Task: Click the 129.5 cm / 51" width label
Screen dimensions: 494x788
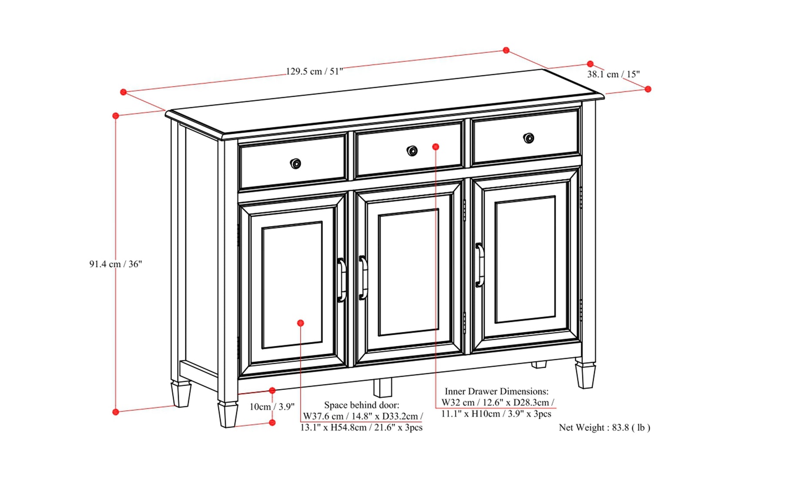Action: [314, 71]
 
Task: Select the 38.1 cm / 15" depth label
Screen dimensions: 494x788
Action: [613, 74]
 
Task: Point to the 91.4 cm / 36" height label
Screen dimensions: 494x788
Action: [115, 264]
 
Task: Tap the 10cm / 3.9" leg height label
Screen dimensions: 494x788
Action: [272, 407]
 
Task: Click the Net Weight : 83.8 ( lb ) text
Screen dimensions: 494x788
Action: [604, 428]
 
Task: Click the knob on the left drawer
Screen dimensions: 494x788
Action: [295, 164]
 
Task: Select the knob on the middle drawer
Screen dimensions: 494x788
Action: [412, 151]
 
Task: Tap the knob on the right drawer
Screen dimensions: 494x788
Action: [528, 138]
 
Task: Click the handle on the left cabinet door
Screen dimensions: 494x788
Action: [342, 280]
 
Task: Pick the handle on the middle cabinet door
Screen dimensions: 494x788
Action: [363, 277]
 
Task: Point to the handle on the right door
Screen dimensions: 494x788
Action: [480, 265]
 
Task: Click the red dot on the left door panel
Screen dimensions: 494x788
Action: [301, 323]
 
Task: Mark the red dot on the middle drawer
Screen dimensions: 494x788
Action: [436, 147]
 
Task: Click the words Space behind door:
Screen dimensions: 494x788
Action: [361, 405]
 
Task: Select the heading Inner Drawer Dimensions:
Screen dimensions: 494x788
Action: [496, 392]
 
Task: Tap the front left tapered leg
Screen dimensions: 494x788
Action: [228, 414]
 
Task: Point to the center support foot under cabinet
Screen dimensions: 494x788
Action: [382, 387]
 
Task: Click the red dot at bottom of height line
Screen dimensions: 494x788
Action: [116, 412]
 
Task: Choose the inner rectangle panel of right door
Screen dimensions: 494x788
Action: [525, 260]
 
